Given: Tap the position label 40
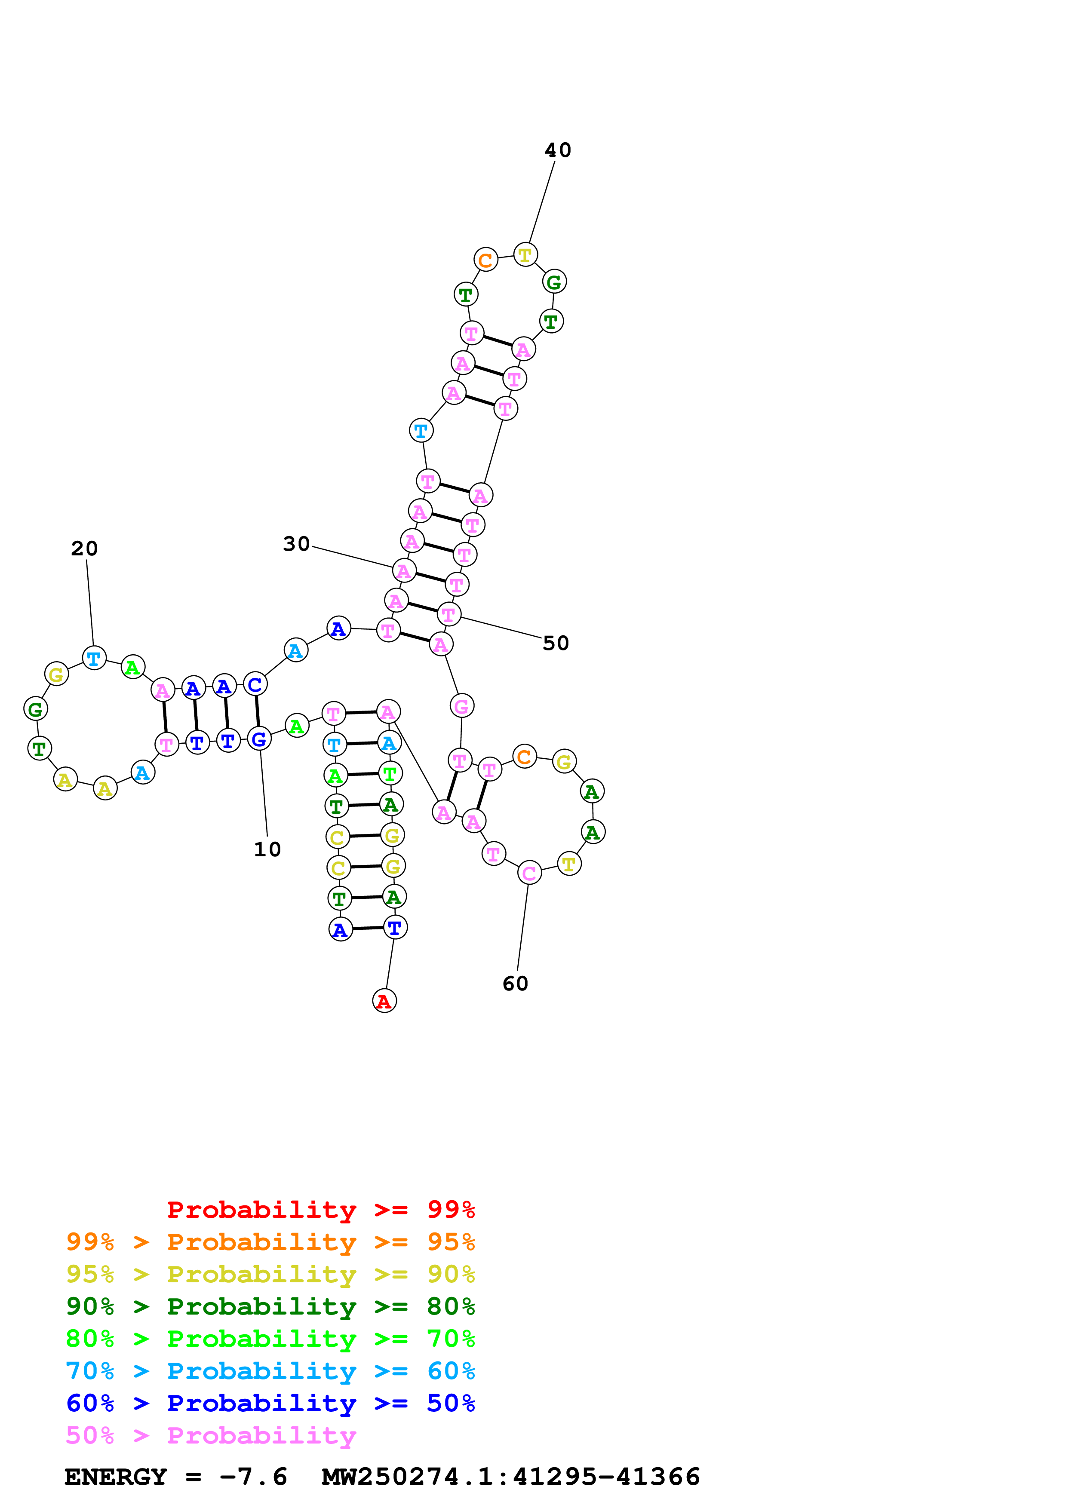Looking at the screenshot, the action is [x=558, y=150].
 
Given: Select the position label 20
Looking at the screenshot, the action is [x=84, y=549].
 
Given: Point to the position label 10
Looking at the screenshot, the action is [x=267, y=849].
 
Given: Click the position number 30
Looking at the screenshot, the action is [x=296, y=544].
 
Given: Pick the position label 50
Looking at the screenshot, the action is [x=556, y=643].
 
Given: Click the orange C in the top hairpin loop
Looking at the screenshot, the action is [x=485, y=260].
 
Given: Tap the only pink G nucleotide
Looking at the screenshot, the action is [x=462, y=706].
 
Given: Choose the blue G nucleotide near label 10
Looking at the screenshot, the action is [x=259, y=739].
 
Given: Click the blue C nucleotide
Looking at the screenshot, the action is [x=255, y=684].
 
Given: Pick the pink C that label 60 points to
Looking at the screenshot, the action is [x=529, y=873].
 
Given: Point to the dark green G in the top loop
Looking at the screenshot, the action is [x=554, y=282].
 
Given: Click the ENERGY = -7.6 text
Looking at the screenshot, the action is [x=175, y=1477].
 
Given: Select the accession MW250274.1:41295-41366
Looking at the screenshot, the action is [x=510, y=1477].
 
